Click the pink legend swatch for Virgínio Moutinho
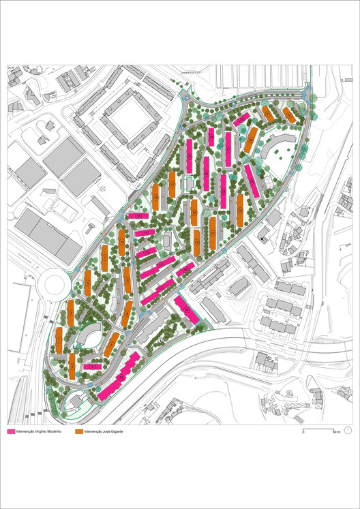11,432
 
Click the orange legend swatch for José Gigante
78,432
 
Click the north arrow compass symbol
348,430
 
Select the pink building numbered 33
119,376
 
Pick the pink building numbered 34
186,308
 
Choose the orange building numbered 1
59,339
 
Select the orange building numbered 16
156,197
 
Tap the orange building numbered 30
251,140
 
